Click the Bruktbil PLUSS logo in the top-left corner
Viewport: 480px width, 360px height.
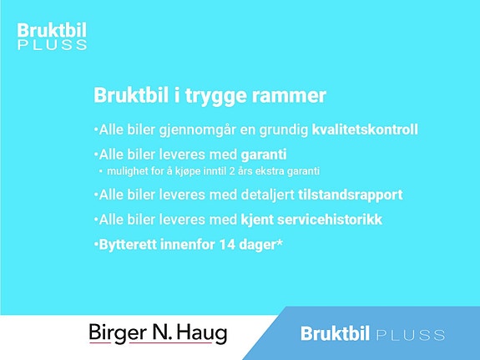click(x=52, y=36)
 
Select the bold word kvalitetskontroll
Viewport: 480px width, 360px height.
click(x=365, y=129)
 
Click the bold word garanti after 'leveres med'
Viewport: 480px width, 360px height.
click(x=264, y=155)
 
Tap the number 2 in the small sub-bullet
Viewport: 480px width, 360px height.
click(x=232, y=171)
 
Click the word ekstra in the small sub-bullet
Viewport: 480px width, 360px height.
click(x=270, y=171)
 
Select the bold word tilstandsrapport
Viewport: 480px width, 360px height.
click(x=351, y=195)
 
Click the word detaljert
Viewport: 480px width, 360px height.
click(x=268, y=195)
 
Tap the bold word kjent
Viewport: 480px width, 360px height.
click(x=257, y=220)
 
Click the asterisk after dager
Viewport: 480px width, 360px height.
click(x=280, y=242)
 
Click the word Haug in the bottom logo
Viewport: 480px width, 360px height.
click(x=202, y=333)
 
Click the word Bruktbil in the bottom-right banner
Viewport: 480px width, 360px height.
click(x=335, y=333)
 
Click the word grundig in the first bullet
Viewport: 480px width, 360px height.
click(x=284, y=130)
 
